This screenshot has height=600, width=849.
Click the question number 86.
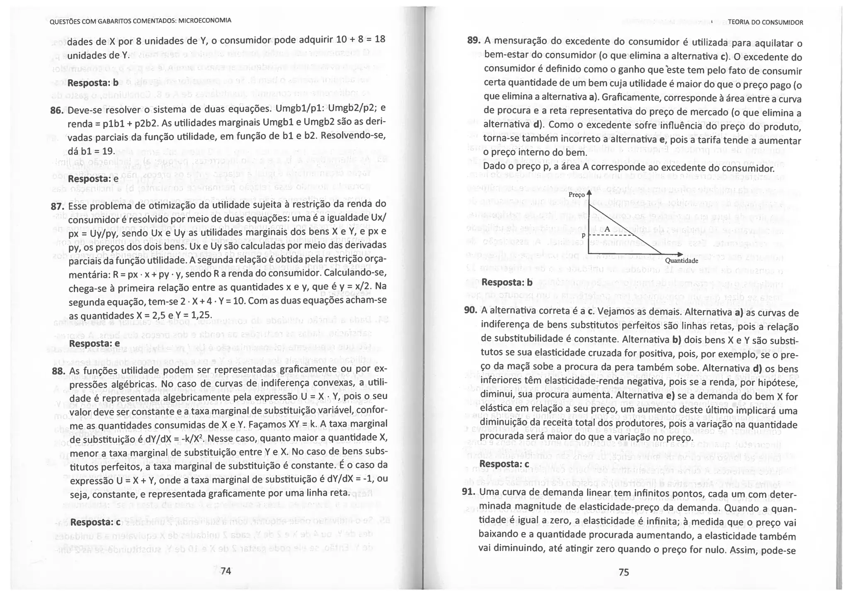point(57,110)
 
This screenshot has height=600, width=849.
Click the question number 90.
point(471,311)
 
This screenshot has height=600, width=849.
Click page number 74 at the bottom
point(226,571)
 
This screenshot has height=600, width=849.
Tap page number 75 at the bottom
point(623,573)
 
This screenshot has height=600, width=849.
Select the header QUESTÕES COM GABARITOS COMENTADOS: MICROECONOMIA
point(140,21)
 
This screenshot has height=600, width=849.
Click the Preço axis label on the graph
point(577,194)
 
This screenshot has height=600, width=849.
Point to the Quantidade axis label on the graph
point(682,261)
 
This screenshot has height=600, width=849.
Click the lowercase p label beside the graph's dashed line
point(583,235)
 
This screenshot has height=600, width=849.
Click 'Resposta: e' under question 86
point(93,179)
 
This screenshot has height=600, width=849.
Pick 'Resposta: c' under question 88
point(95,522)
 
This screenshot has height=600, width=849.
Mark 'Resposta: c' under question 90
point(504,464)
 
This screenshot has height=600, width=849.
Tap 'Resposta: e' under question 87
point(94,344)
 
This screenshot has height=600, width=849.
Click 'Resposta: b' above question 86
point(93,83)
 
